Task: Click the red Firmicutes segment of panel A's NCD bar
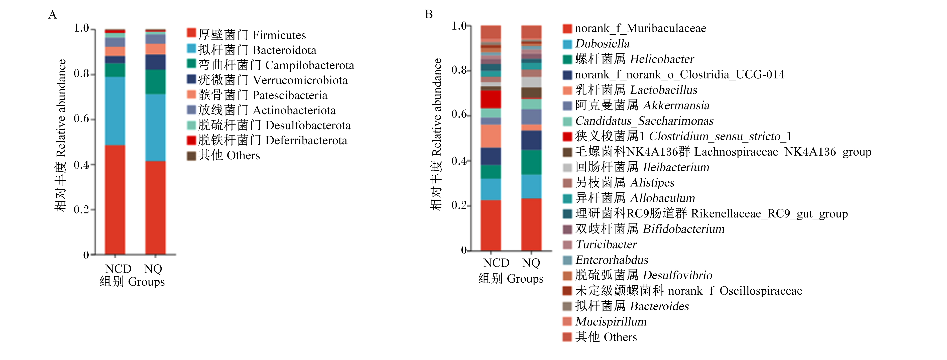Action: pos(115,200)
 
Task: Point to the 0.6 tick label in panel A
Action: pos(81,119)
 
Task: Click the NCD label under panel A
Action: pos(118,269)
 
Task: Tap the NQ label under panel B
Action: pos(531,263)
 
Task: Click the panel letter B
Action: pos(429,14)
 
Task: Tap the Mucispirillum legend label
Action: pos(611,321)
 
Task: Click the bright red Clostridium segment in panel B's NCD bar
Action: pos(491,99)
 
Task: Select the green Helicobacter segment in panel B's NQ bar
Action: pos(531,162)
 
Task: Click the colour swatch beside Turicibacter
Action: pos(567,245)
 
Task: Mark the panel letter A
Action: pos(53,15)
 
